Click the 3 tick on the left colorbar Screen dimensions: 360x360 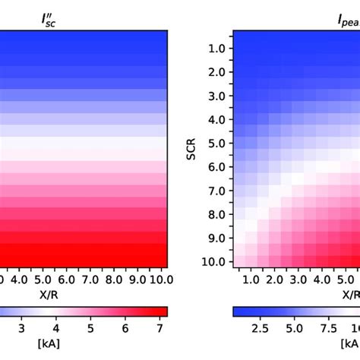click(21, 328)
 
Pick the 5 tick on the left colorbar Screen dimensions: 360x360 click(90, 328)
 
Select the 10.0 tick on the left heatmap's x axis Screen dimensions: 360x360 click(156, 279)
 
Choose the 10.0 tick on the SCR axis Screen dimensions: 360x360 click(216, 262)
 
